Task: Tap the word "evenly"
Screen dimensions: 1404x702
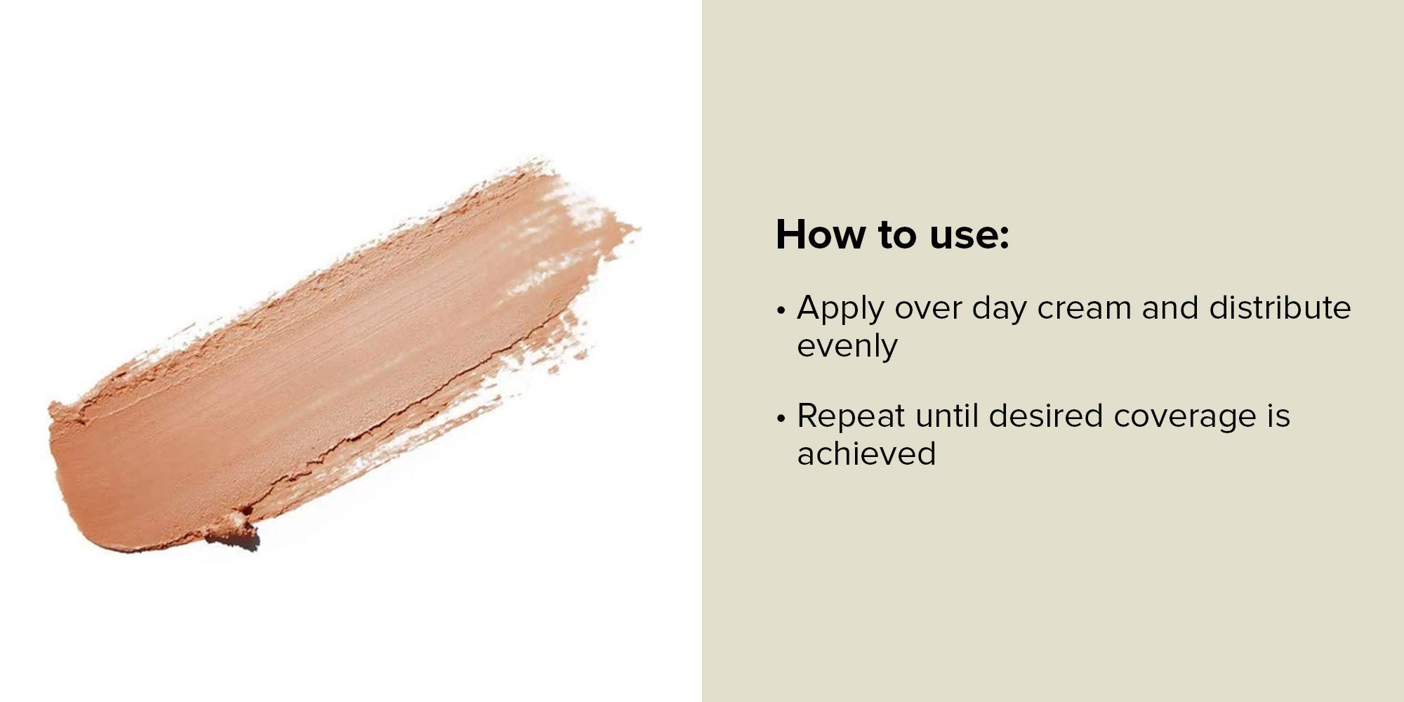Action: tap(847, 347)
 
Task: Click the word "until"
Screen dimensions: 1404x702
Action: tap(947, 416)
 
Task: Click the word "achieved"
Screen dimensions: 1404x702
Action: tap(866, 453)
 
